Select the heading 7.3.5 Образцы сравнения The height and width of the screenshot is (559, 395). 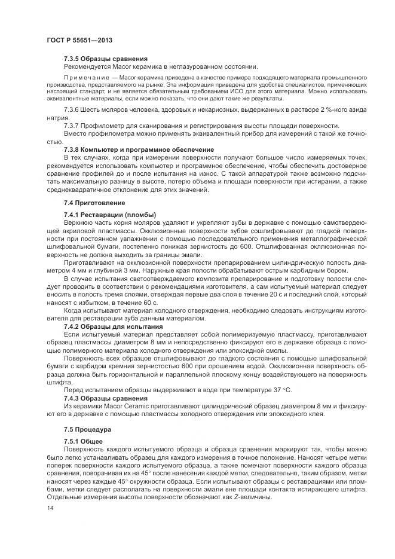pos(105,59)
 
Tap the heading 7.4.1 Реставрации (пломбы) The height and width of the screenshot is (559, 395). pos(109,214)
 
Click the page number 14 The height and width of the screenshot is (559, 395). pos(50,508)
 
